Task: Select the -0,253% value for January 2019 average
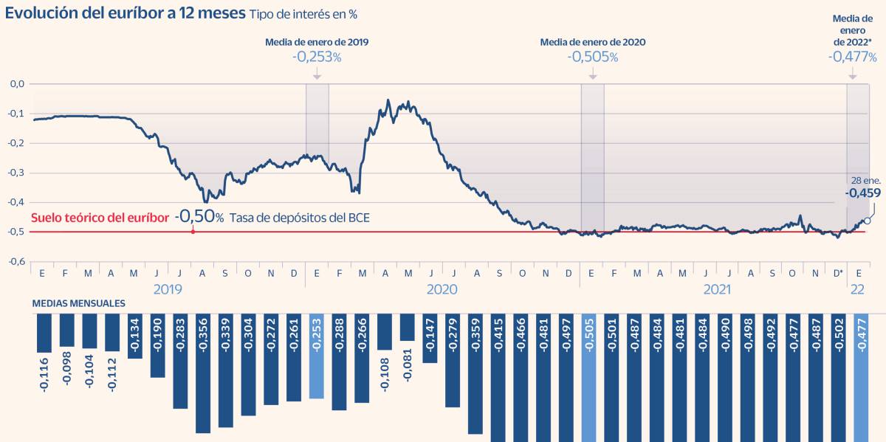(x=316, y=56)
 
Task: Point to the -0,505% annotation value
(x=592, y=56)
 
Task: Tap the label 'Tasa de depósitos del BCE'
(x=299, y=218)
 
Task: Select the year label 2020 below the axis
(x=442, y=289)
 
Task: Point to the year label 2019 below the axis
(x=168, y=289)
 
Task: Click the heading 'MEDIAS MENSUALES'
(x=78, y=303)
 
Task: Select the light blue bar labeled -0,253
(x=317, y=356)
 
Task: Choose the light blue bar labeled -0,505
(x=589, y=376)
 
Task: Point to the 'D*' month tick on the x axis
(x=838, y=273)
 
